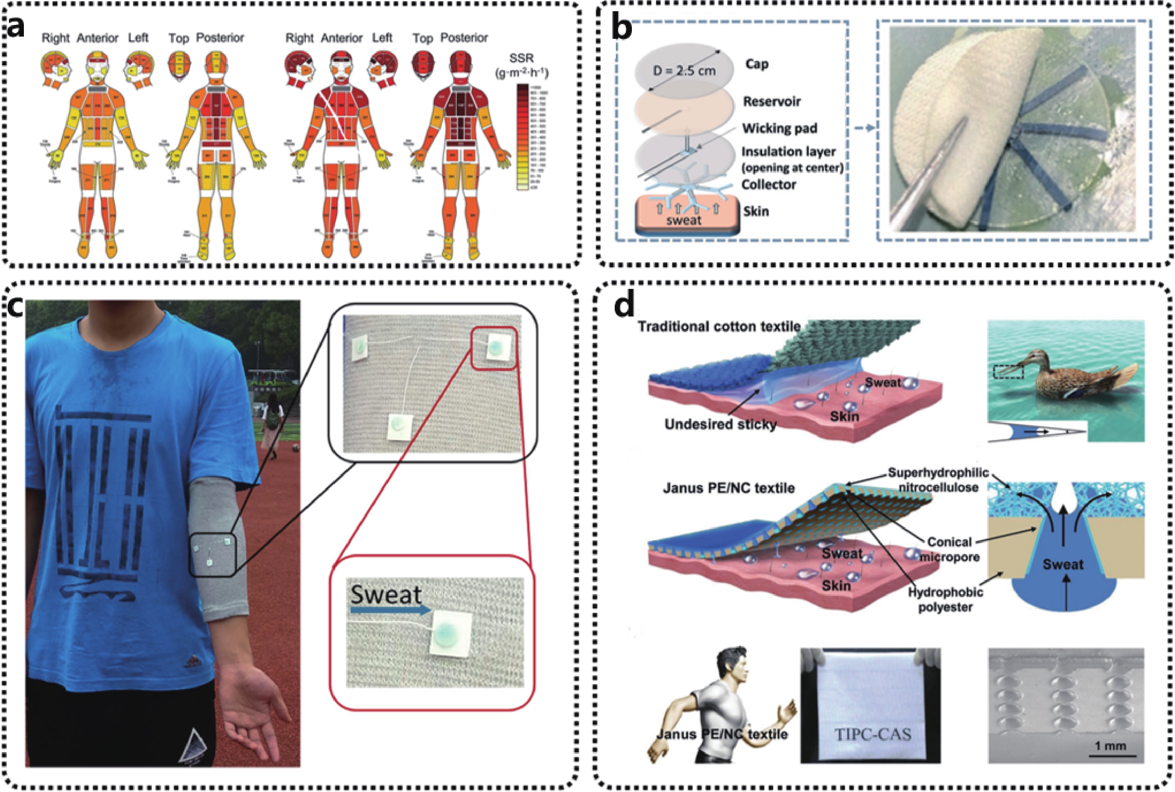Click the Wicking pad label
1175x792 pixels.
[x=779, y=128]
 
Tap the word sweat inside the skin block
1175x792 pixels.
[x=684, y=220]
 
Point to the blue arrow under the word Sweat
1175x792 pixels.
[x=391, y=611]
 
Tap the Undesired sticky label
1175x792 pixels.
[x=720, y=424]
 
